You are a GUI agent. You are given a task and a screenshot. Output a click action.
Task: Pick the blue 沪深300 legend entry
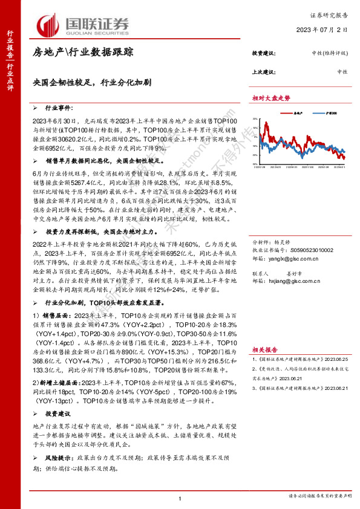pos(326,112)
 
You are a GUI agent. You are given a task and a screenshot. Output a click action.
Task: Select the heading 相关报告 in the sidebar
pos(264,349)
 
